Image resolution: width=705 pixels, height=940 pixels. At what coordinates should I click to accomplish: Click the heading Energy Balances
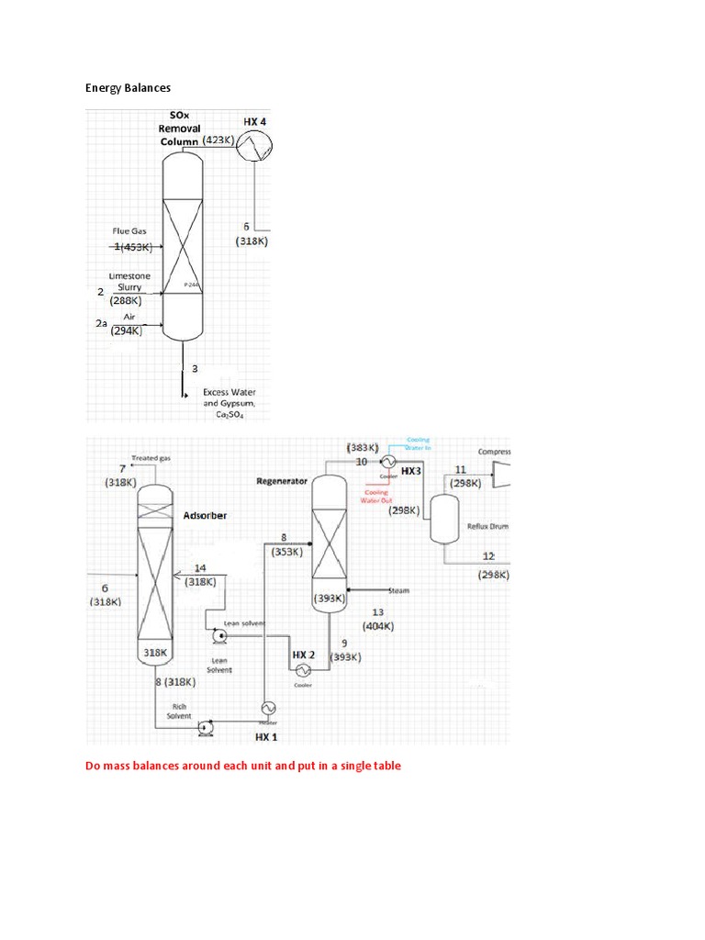pyautogui.click(x=128, y=88)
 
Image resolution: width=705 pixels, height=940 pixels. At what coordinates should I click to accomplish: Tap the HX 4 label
pyautogui.click(x=255, y=121)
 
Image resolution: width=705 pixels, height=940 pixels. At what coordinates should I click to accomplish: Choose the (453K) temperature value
pyautogui.click(x=134, y=246)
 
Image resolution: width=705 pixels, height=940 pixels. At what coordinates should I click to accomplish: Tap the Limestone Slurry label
pyautogui.click(x=129, y=281)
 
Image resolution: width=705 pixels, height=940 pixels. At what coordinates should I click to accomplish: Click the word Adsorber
pyautogui.click(x=205, y=515)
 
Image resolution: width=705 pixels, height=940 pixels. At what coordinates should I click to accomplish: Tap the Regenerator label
pyautogui.click(x=281, y=481)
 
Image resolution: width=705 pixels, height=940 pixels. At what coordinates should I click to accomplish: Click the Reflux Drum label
pyautogui.click(x=488, y=526)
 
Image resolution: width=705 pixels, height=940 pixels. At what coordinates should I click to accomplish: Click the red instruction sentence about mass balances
pyautogui.click(x=243, y=765)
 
